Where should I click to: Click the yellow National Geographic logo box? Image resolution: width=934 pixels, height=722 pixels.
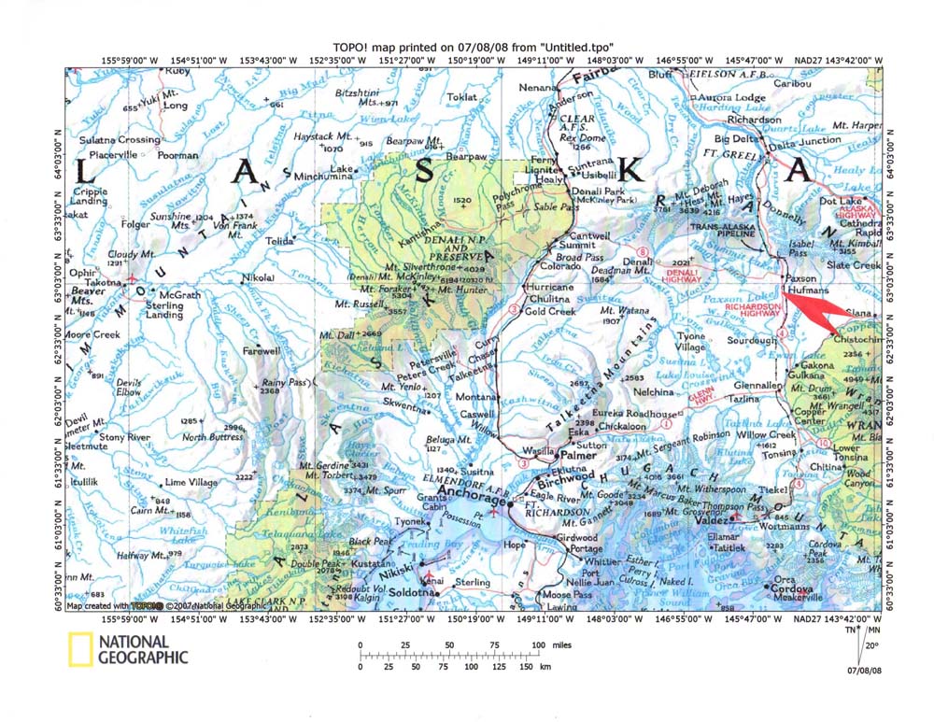(78, 649)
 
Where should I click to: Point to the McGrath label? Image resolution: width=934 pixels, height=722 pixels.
(181, 295)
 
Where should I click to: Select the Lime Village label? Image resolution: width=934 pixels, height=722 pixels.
(191, 482)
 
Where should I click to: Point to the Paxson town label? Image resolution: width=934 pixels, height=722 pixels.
(802, 278)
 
